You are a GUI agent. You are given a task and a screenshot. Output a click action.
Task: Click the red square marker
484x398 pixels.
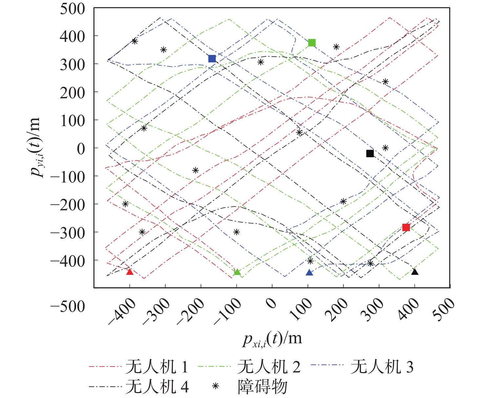[x=406, y=227]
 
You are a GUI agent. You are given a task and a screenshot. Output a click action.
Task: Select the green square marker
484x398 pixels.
[x=312, y=43]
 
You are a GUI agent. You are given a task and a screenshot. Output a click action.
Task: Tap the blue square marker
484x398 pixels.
[x=212, y=59]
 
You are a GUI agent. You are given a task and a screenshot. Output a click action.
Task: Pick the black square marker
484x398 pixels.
[x=370, y=153]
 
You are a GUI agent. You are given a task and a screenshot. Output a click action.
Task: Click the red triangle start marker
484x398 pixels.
[x=130, y=272]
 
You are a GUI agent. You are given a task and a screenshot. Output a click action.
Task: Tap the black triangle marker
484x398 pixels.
[x=415, y=272]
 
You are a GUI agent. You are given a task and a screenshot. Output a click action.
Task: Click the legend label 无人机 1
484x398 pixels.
[x=157, y=367]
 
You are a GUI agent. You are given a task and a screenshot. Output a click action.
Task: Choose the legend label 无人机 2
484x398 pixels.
[x=269, y=367]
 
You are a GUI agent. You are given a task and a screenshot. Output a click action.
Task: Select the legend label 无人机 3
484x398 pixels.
[x=382, y=367]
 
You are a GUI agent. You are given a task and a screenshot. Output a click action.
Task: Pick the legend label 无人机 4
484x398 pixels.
[x=157, y=387]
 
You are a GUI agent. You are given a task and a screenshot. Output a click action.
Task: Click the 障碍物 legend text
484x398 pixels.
[x=262, y=387]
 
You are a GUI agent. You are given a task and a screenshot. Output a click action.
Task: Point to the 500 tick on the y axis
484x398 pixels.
[x=72, y=9]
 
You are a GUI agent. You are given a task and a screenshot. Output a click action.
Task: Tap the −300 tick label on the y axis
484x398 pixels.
[x=68, y=232]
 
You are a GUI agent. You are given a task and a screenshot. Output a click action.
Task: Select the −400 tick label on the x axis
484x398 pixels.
[x=122, y=312]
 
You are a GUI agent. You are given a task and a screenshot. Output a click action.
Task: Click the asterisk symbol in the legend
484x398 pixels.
[x=215, y=387]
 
